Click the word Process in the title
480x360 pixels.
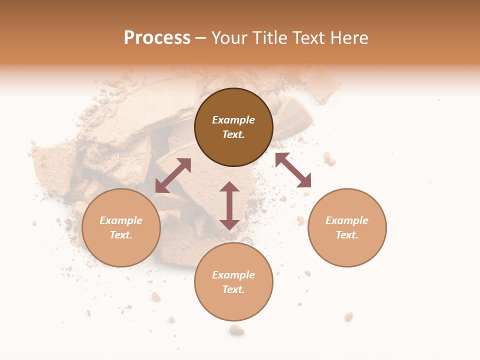point(157,38)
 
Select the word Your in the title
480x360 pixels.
point(230,38)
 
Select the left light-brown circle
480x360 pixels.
point(121,250)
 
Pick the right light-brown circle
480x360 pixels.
point(347,250)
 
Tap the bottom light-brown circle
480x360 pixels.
point(233,305)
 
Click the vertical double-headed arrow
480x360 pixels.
point(229,205)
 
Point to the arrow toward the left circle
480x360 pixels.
point(173,175)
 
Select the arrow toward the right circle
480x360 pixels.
point(293,170)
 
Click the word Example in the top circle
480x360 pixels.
point(233,120)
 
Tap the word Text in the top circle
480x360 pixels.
point(233,134)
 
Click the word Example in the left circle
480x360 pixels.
point(121,220)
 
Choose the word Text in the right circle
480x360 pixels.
point(347,235)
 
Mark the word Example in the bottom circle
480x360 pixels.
point(233,275)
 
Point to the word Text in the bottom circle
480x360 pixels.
point(233,289)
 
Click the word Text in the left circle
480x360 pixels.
point(121,235)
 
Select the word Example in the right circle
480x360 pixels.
point(347,220)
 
